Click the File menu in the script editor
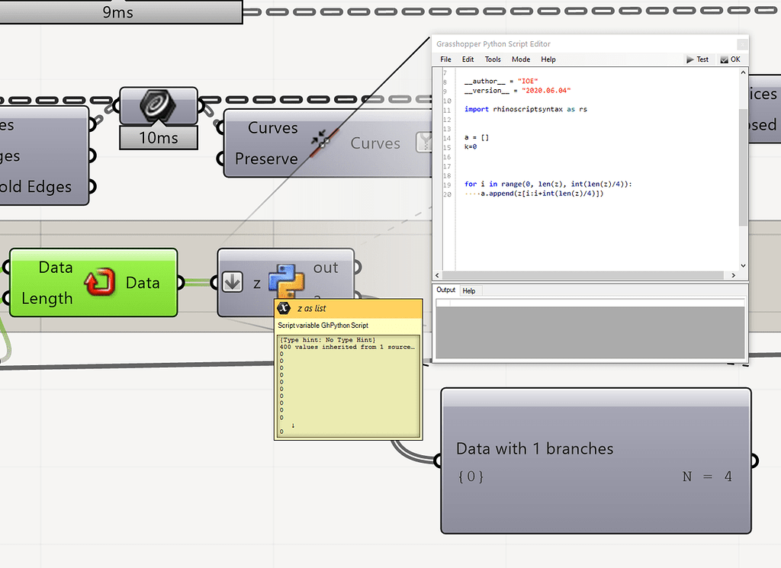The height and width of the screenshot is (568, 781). [445, 59]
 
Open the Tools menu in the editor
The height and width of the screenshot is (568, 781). [493, 59]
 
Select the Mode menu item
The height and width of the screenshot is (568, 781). [521, 59]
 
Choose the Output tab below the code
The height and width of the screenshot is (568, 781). [446, 290]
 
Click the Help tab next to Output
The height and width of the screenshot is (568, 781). [469, 290]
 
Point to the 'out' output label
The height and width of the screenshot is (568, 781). [326, 268]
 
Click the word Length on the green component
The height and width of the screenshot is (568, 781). [47, 298]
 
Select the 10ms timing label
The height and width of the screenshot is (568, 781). [159, 139]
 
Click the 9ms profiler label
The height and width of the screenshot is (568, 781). [117, 12]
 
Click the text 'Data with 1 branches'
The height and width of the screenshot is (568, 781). [535, 448]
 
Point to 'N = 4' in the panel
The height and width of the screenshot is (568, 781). [707, 477]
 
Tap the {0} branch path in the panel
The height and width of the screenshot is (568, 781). [471, 477]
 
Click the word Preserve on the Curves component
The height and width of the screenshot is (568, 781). [266, 159]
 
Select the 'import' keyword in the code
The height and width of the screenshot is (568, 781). [477, 109]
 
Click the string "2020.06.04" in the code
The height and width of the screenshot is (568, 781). [546, 91]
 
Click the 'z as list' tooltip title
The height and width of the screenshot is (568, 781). [311, 309]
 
